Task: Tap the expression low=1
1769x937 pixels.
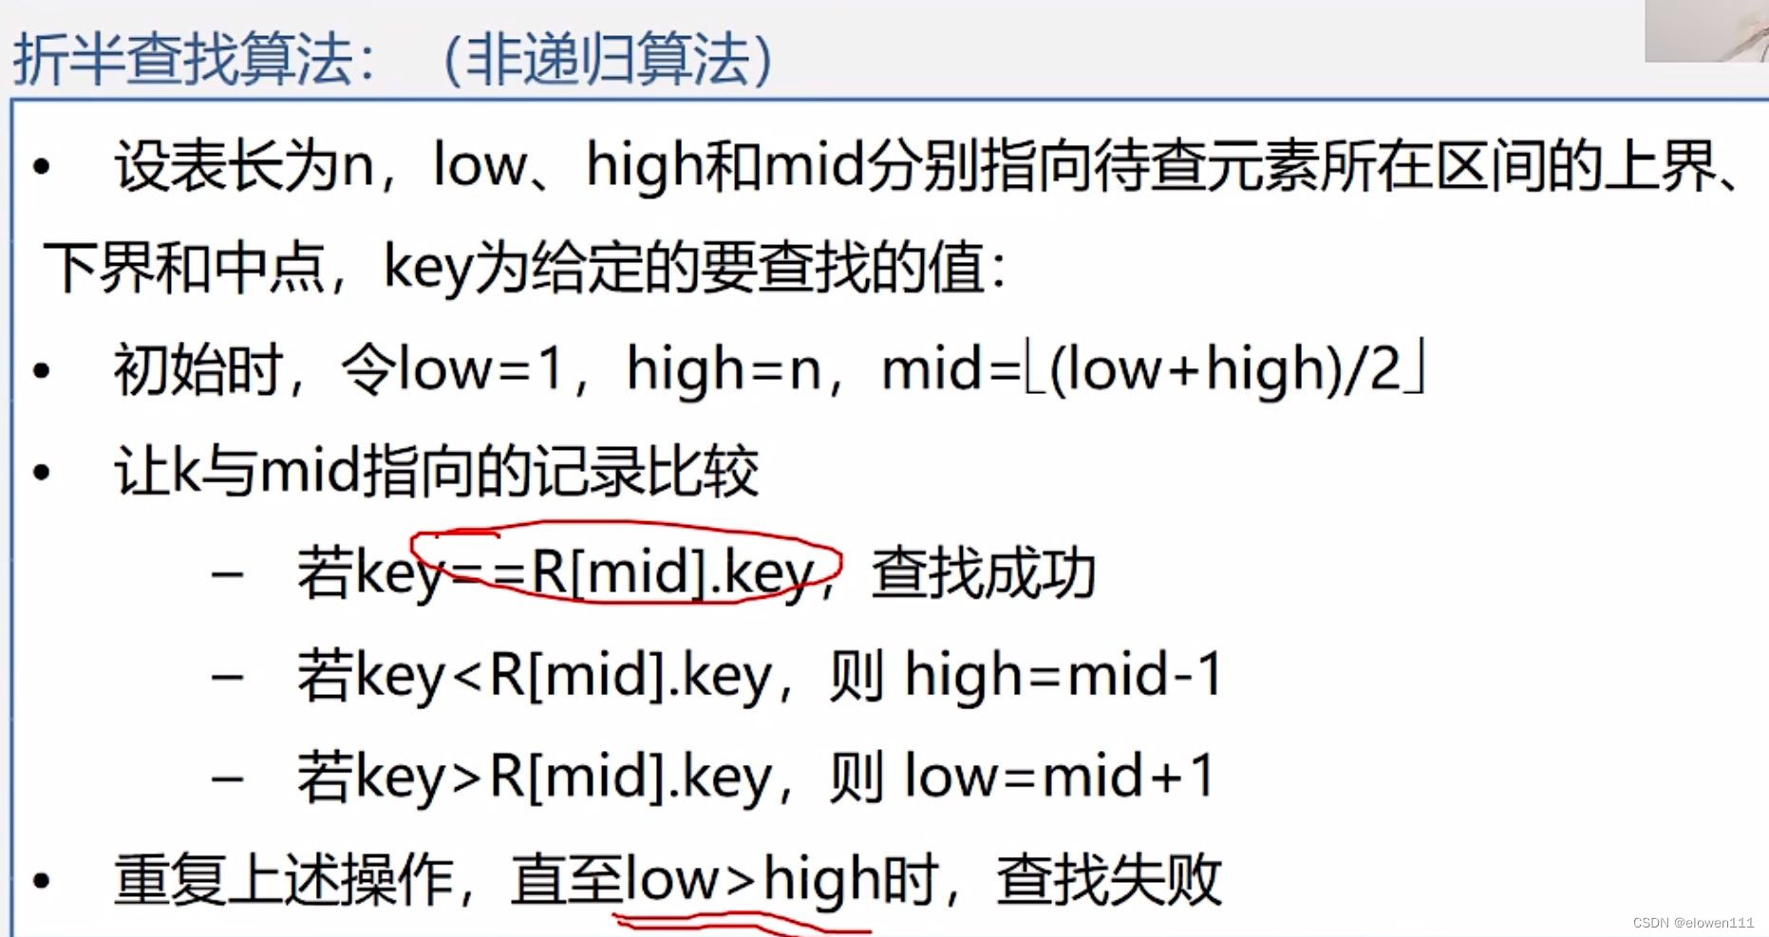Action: [x=480, y=368]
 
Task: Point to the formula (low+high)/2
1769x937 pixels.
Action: [x=1225, y=368]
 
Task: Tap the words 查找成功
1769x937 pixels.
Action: [x=984, y=572]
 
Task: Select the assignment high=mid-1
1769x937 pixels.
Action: [x=1063, y=676]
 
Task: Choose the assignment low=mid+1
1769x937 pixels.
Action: [x=1060, y=776]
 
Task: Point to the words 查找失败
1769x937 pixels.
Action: [x=1109, y=879]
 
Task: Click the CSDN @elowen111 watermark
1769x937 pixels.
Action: [x=1693, y=923]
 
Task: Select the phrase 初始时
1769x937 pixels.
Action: [x=198, y=368]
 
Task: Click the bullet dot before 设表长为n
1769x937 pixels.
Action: [x=41, y=167]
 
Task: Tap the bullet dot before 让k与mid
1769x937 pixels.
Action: [x=41, y=472]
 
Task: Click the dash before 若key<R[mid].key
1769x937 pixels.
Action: [x=228, y=678]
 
